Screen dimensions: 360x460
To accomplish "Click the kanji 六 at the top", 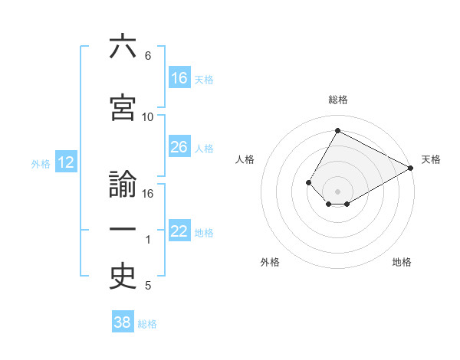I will (123, 47).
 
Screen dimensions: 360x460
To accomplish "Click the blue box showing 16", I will (179, 78).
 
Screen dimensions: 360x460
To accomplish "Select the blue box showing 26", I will (179, 147).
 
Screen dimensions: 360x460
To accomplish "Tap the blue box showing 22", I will (179, 231).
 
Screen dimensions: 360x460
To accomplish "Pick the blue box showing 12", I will (65, 162).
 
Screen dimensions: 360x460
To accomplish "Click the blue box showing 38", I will (123, 322).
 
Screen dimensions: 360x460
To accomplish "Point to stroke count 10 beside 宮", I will (148, 116).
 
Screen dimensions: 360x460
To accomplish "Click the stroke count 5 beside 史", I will (148, 286).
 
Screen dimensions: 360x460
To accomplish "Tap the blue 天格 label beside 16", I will (204, 79).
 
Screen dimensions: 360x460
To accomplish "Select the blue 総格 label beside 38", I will (147, 323).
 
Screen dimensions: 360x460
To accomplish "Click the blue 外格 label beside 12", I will (40, 163).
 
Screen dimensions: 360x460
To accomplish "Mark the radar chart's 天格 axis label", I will (431, 159).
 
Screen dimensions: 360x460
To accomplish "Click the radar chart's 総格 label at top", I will (337, 100).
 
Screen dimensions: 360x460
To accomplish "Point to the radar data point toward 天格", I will (411, 168).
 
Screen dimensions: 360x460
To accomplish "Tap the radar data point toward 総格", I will (337, 130).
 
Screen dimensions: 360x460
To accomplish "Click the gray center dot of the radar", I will (337, 191).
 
